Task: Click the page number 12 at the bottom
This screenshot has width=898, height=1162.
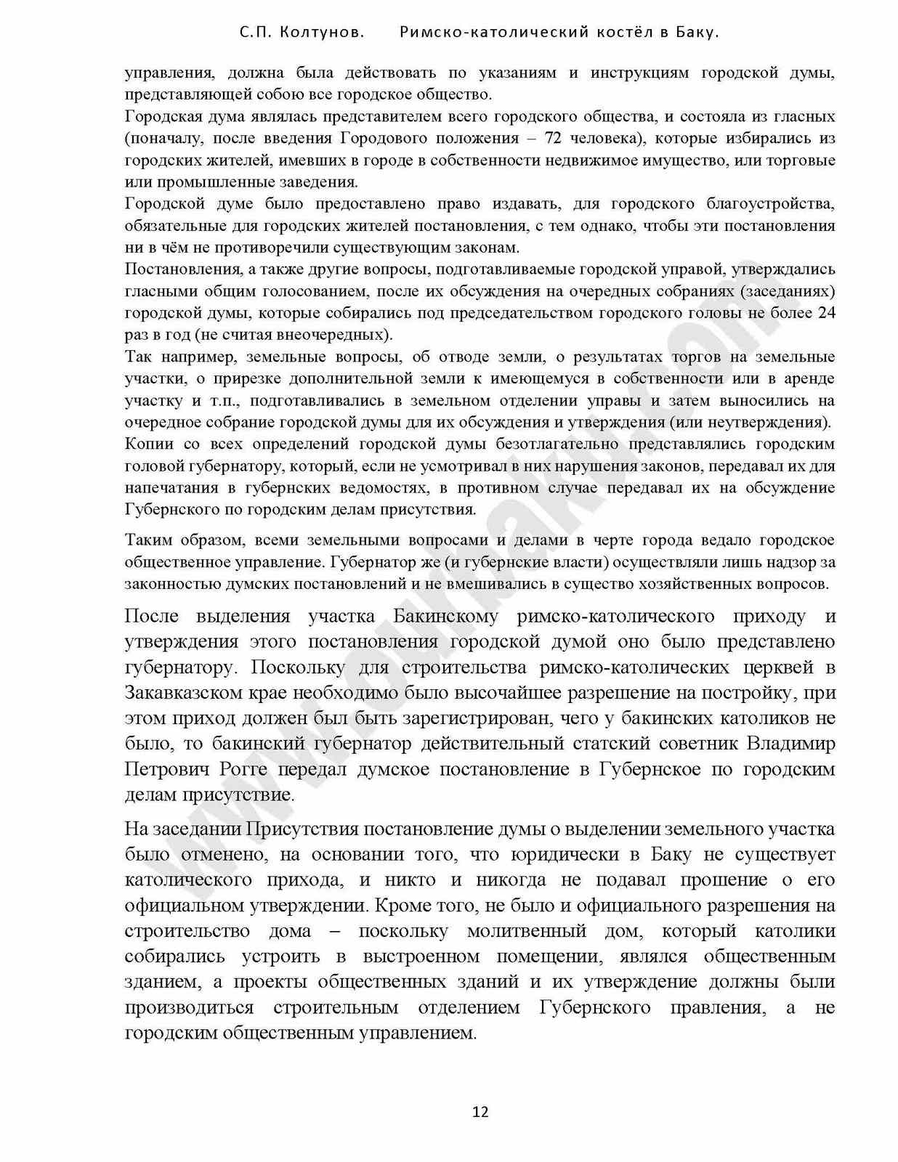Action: pyautogui.click(x=480, y=1112)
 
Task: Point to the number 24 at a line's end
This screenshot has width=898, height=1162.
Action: pyautogui.click(x=826, y=313)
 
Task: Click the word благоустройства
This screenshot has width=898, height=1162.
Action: pyautogui.click(x=772, y=203)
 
